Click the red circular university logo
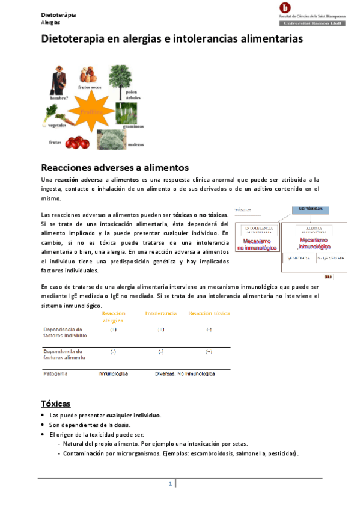284,8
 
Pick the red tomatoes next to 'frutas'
78,143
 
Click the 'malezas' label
136,144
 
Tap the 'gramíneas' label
133,126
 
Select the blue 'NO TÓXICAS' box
310,209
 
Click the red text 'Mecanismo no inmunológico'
257,244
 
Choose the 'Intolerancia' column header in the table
160,314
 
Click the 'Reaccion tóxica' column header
209,314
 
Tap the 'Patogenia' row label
55,373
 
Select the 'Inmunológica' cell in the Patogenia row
113,373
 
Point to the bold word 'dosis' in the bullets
122,425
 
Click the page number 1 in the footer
171,484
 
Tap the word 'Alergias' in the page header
50,22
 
